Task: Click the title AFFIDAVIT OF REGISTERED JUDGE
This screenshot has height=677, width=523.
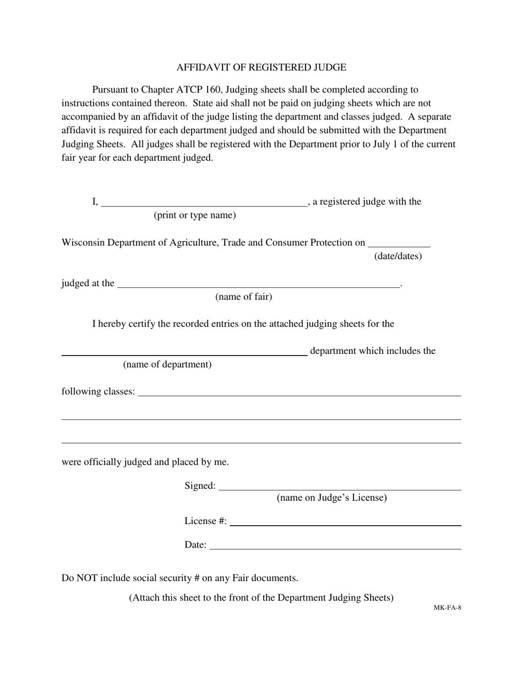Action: [x=261, y=68]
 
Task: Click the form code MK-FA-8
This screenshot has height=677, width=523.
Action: [x=447, y=608]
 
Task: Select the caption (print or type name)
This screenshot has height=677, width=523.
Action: [x=195, y=215]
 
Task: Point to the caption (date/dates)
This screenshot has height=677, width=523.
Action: [x=398, y=256]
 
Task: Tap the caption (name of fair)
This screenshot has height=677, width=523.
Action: [x=243, y=297]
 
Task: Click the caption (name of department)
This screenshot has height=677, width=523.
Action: [x=167, y=364]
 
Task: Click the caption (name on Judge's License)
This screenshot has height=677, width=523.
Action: [x=331, y=498]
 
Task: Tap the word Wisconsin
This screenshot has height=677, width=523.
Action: [x=82, y=243]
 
